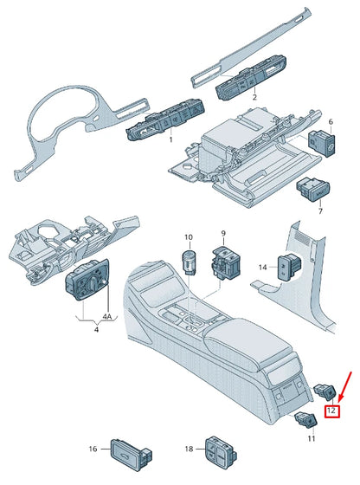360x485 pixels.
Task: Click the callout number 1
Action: [x=170, y=139]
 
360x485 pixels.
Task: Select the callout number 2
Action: [x=254, y=98]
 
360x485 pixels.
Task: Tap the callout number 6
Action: [x=330, y=123]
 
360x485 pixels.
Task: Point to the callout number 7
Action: [x=319, y=211]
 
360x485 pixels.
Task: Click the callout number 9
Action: [x=222, y=234]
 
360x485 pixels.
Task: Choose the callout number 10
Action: [x=188, y=236]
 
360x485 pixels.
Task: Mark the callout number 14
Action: [x=263, y=268]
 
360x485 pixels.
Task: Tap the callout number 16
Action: [x=93, y=449]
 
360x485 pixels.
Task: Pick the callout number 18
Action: [x=188, y=449]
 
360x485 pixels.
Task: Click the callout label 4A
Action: [x=107, y=316]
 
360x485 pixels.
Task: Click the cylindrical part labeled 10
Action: [x=189, y=260]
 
